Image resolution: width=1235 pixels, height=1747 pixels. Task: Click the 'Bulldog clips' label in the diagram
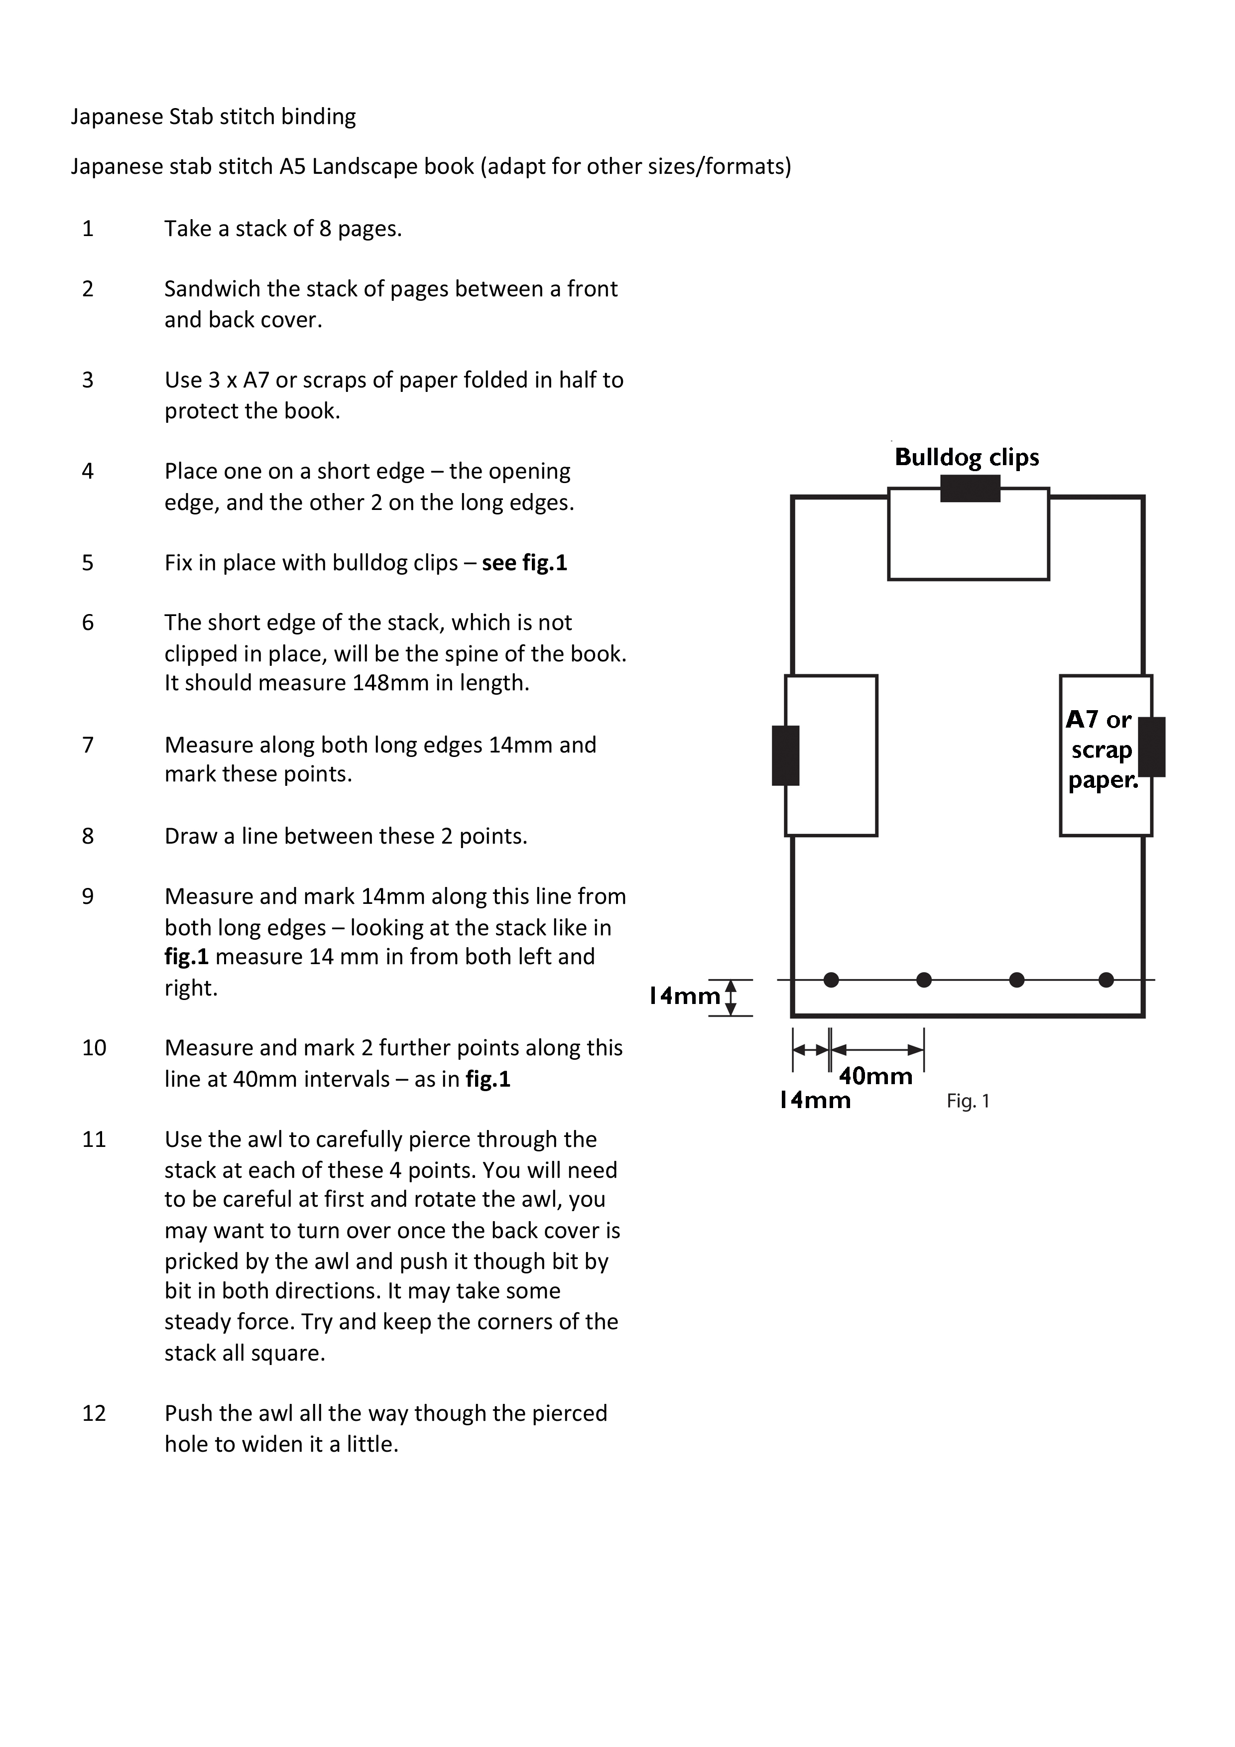967,457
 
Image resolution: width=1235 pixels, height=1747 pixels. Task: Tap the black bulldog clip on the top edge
970,489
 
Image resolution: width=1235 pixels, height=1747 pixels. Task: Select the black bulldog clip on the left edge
785,755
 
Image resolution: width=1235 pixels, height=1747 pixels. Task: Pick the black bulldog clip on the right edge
1151,747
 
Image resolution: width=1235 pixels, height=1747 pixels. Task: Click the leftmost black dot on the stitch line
831,980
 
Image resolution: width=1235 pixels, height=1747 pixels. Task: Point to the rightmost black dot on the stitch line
1107,980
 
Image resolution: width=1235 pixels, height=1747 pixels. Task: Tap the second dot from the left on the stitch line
924,980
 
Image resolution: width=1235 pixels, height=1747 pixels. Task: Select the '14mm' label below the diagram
815,1100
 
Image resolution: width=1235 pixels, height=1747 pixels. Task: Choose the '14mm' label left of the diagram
684,996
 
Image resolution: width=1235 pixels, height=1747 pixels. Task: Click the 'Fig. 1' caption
968,1101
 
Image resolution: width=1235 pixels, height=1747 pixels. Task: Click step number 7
88,745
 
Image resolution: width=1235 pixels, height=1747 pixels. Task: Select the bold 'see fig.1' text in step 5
524,563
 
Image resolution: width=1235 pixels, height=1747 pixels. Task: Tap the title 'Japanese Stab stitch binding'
213,117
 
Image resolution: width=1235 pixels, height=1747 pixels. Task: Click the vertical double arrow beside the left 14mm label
731,998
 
